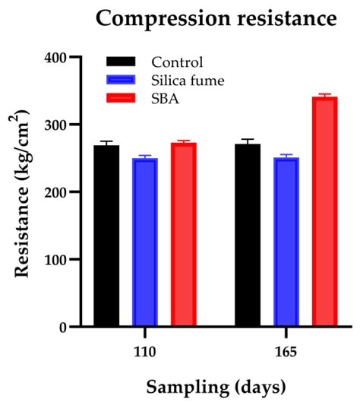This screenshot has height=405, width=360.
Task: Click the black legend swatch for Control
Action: (x=121, y=62)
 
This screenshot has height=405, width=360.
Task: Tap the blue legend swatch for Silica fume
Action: (x=121, y=80)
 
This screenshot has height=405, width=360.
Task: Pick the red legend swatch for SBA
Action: (x=121, y=98)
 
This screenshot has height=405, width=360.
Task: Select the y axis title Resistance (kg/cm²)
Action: (x=24, y=192)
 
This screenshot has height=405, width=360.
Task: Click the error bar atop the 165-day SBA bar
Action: (x=325, y=95)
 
